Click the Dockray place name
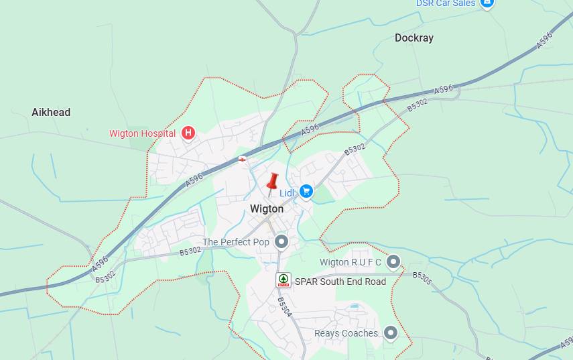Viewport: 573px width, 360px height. point(413,38)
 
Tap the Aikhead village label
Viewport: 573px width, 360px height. point(51,113)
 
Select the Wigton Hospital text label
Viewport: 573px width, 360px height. point(142,133)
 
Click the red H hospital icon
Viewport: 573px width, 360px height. point(188,133)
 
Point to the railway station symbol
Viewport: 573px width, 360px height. point(241,160)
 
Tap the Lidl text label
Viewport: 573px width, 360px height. point(288,192)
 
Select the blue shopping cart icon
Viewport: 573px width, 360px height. point(306,192)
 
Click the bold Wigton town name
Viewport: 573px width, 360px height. point(267,208)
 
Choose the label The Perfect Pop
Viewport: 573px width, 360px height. point(236,242)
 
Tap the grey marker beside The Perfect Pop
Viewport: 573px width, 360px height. point(281,241)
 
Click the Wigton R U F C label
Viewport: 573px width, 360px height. point(351,262)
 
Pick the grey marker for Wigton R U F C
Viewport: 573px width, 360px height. point(393,261)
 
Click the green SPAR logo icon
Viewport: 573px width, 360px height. point(283,280)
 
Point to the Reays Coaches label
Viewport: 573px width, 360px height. point(346,333)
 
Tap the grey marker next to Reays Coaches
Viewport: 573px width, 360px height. point(391,333)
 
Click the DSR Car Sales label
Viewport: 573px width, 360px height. point(446,3)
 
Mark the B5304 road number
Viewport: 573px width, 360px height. point(284,312)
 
